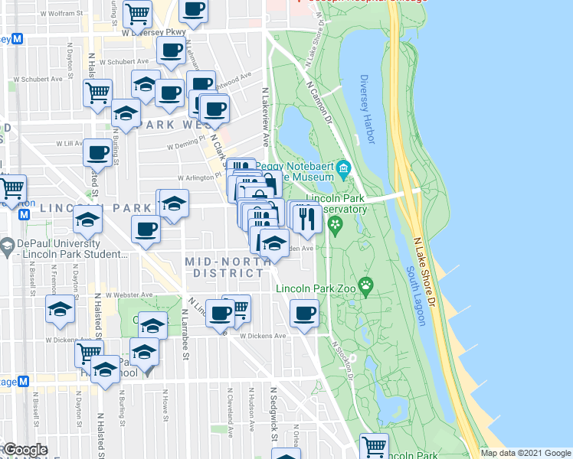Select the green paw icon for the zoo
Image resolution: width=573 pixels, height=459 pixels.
[367, 287]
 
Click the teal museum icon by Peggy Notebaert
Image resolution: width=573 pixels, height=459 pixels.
[343, 168]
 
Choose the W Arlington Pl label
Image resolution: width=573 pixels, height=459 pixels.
[198, 177]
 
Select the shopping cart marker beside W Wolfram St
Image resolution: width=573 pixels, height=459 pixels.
[136, 13]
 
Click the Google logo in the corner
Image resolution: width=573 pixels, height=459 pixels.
[26, 450]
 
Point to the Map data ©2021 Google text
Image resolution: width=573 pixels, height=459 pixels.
[525, 453]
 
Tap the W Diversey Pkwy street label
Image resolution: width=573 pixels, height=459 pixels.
[154, 33]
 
